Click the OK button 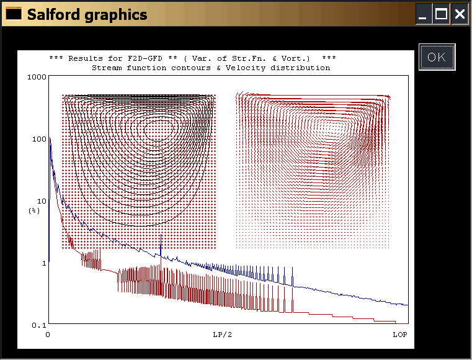click(437, 57)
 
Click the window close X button click(460, 14)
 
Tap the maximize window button click(441, 14)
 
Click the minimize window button click(423, 14)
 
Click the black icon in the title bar click(14, 13)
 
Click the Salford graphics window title click(87, 14)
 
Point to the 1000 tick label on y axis click(37, 77)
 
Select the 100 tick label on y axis click(39, 139)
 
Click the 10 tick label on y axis click(42, 201)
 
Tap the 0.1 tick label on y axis click(39, 325)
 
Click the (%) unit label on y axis click(34, 210)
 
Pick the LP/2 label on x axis click(223, 335)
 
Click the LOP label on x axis click(400, 335)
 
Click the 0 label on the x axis click(48, 335)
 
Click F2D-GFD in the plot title click(145, 58)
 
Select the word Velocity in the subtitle click(246, 68)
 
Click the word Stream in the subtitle click(107, 68)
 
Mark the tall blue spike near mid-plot click(161, 246)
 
